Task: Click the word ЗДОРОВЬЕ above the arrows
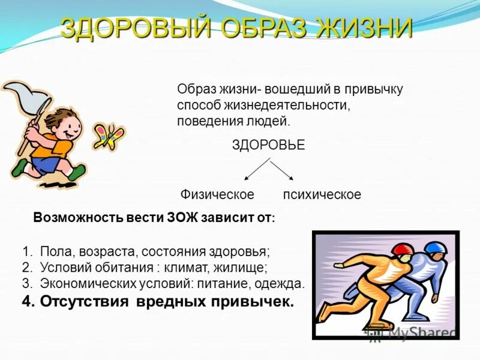click(x=268, y=145)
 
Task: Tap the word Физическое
click(x=217, y=195)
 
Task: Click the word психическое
click(x=322, y=195)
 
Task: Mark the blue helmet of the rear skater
click(x=436, y=247)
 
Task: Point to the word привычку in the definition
click(x=374, y=89)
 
